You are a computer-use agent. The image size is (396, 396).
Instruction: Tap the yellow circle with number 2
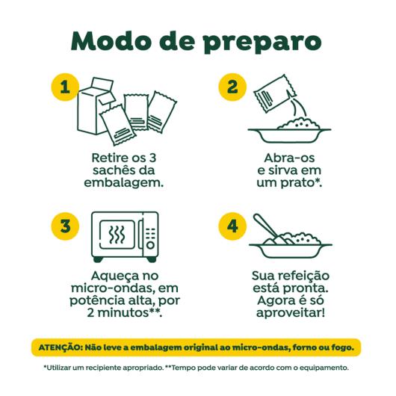[232, 87]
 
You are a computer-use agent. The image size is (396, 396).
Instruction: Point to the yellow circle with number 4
[232, 226]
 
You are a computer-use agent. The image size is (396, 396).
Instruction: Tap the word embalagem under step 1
[123, 182]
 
